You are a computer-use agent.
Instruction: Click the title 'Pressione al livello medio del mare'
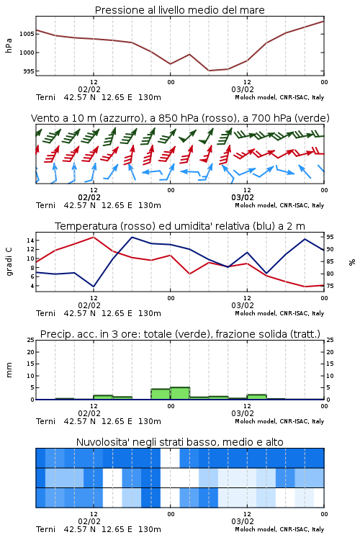click(x=179, y=10)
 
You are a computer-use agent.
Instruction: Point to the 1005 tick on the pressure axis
click(x=27, y=34)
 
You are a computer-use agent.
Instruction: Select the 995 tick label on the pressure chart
click(x=29, y=71)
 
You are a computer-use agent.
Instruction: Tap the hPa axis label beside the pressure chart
click(x=9, y=45)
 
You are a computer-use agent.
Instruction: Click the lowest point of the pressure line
click(x=209, y=71)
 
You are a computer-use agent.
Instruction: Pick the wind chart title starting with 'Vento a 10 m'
click(x=180, y=118)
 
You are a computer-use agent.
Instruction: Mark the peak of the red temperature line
click(x=94, y=237)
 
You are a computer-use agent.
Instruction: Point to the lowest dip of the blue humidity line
click(x=94, y=287)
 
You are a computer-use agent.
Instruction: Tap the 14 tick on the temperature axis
click(x=31, y=240)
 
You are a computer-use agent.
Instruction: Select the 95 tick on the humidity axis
click(x=330, y=237)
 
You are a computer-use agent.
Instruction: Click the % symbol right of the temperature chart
click(x=352, y=262)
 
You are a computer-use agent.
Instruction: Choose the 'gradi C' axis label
click(x=9, y=262)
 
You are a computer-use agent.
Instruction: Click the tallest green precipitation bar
click(x=180, y=393)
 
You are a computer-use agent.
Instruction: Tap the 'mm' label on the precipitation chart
click(x=9, y=369)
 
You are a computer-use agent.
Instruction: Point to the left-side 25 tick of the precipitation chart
click(x=31, y=340)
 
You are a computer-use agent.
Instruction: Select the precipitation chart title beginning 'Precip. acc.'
click(x=180, y=334)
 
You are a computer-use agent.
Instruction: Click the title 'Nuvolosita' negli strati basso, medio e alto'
click(x=180, y=442)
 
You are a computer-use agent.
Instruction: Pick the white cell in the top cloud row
click(x=170, y=458)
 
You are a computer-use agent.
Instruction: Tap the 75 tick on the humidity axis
click(x=330, y=286)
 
